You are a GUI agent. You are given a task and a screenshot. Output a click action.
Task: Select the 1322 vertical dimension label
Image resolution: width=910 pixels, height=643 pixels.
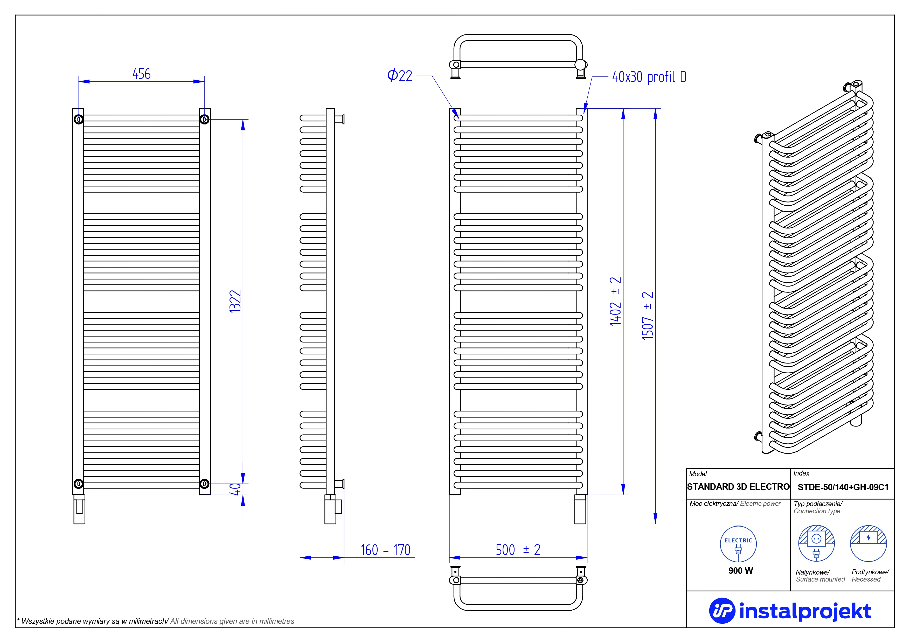235,302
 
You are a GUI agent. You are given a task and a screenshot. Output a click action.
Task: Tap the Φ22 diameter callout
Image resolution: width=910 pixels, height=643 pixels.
400,76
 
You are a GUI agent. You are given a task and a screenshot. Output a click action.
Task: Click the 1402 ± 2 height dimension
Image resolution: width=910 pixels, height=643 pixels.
615,302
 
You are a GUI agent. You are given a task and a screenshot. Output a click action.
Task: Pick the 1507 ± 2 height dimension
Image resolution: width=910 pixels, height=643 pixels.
647,316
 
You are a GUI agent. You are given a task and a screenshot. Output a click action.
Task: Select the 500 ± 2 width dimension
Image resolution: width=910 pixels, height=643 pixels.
518,550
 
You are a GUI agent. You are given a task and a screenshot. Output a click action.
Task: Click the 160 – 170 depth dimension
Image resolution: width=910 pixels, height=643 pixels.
385,550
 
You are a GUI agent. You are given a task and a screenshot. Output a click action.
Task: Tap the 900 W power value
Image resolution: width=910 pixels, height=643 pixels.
740,570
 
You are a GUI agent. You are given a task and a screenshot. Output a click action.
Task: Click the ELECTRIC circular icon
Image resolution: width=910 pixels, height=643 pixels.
738,544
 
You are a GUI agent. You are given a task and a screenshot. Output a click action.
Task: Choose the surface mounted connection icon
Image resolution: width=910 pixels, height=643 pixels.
816,543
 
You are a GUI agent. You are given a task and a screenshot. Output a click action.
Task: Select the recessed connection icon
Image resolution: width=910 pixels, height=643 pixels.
869,543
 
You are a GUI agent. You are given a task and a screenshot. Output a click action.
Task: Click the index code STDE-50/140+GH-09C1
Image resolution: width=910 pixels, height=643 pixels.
843,487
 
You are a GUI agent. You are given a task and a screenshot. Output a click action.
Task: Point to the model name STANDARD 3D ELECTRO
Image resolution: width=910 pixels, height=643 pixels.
738,487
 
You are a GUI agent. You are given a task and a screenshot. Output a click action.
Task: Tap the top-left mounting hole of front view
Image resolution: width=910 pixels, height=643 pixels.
79,119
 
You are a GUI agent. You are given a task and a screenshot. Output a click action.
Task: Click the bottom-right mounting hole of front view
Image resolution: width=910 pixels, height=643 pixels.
205,484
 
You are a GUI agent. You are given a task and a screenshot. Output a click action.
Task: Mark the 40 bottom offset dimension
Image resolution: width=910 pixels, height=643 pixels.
236,489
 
